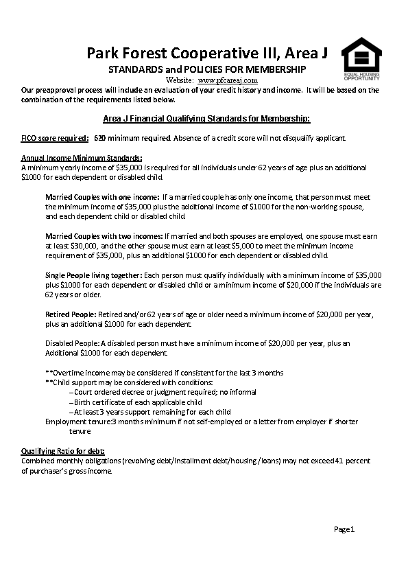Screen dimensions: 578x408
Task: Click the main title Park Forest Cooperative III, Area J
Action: point(207,54)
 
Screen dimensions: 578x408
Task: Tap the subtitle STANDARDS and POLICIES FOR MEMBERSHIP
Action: point(207,70)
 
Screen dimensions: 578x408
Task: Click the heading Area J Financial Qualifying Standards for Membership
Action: point(206,118)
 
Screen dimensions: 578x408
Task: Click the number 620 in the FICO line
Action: point(99,138)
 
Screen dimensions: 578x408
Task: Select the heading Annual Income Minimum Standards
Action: point(82,159)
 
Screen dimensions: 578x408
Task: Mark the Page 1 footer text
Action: point(344,529)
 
